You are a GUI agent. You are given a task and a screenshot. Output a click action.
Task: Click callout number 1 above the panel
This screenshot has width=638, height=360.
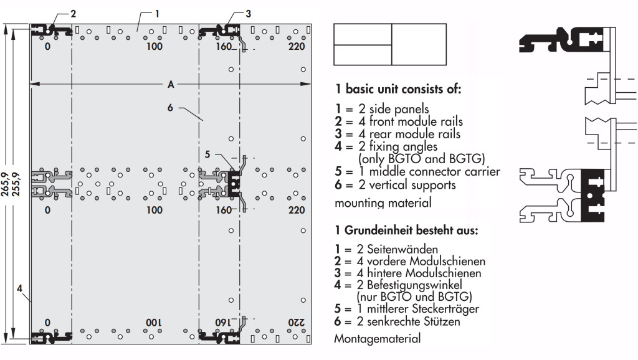(x=158, y=12)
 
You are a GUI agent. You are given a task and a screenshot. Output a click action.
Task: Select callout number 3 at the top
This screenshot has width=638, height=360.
(x=248, y=13)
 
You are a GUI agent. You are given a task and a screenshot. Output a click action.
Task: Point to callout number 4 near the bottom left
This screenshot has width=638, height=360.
(x=21, y=288)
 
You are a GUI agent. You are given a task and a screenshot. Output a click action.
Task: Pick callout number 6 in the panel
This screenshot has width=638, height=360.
(x=170, y=107)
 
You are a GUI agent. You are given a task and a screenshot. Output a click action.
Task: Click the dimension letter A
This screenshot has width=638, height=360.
(x=170, y=84)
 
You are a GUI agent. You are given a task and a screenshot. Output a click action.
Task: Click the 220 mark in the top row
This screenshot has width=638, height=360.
(x=297, y=47)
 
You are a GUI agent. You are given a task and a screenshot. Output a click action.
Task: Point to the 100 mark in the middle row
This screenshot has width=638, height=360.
(x=154, y=210)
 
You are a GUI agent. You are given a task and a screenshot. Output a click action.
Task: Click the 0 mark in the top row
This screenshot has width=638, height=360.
(x=48, y=47)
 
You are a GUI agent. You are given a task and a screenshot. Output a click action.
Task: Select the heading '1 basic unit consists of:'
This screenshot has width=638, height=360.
(x=398, y=89)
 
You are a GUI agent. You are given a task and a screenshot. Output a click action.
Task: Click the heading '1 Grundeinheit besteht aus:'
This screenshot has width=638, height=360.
(x=406, y=230)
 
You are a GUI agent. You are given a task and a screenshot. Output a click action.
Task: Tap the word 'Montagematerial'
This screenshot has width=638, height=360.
(x=377, y=339)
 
